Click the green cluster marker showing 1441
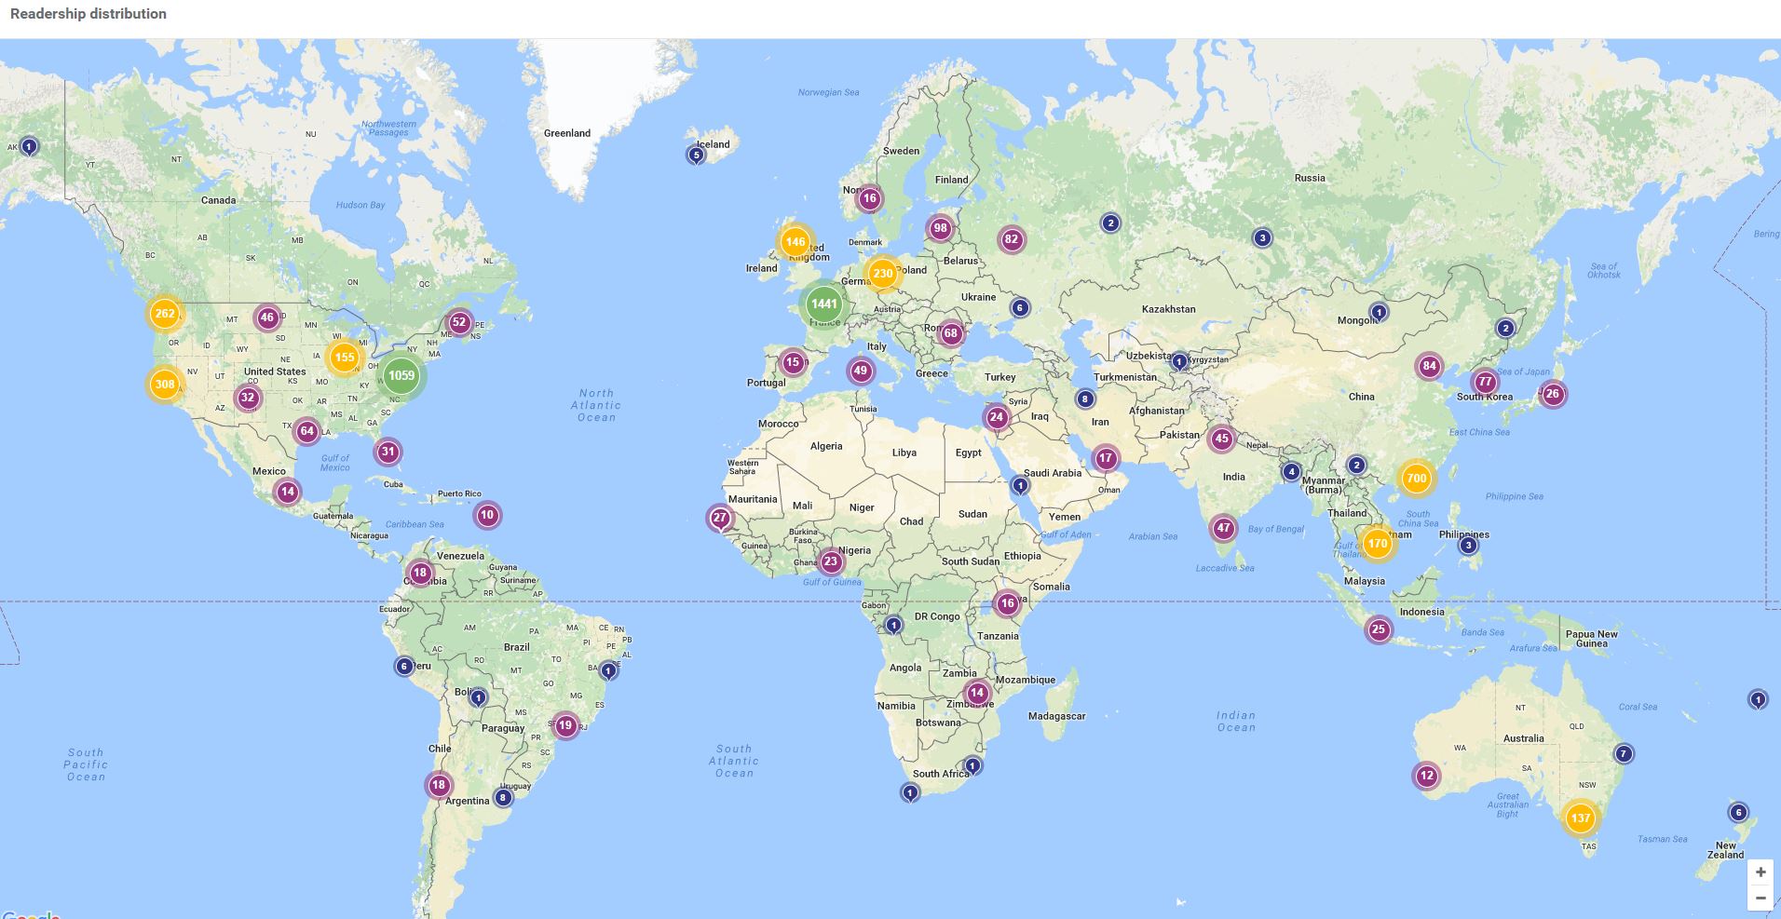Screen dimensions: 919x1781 (823, 304)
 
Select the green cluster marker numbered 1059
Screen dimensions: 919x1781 (401, 375)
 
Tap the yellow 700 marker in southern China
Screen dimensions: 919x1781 (1416, 479)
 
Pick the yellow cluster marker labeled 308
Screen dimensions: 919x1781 (165, 384)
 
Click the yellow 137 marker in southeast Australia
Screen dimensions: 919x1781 (1580, 818)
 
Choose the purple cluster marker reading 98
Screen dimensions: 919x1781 (940, 228)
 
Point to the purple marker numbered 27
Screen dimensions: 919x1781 (720, 518)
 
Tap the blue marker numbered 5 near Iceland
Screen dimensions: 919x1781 (696, 155)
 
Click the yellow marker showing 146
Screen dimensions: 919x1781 (795, 242)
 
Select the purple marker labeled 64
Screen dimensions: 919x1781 (307, 431)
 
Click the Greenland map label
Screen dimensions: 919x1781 (566, 133)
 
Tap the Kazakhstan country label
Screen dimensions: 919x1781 (1168, 309)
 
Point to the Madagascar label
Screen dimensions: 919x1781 (1056, 716)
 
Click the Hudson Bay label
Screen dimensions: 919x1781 (360, 205)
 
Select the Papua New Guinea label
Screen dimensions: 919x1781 (1591, 639)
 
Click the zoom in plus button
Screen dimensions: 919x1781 (1760, 872)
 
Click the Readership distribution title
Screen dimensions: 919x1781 (88, 14)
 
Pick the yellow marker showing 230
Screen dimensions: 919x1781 (882, 274)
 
